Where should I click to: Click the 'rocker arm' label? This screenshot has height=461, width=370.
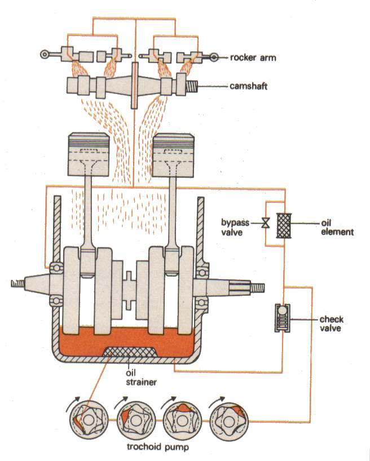252,57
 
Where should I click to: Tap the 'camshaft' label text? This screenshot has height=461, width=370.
249,86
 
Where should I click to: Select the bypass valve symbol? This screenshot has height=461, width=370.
265,223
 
